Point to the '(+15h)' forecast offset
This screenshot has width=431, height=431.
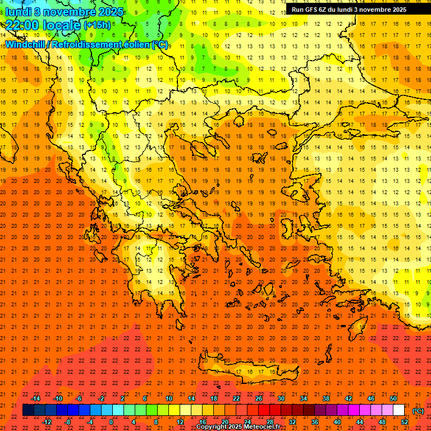tap(97, 25)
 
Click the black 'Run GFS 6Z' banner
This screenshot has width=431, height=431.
tap(349, 9)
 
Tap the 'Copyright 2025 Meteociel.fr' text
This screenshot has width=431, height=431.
tap(238, 427)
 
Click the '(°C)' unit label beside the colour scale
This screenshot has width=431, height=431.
tap(418, 411)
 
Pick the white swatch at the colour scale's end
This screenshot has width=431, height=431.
tap(398, 410)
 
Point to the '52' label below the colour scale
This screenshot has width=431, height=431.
tap(405, 422)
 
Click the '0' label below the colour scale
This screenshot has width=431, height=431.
tap(111, 422)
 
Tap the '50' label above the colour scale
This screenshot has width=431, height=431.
tap(393, 398)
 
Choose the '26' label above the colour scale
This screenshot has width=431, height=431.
tap(259, 398)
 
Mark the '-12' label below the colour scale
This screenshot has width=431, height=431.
tap(47, 422)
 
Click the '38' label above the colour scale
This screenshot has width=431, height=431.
tap(326, 398)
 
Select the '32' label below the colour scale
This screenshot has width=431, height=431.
tap(292, 422)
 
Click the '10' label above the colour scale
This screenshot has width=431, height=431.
tap(169, 398)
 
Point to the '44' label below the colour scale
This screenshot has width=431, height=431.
tap(360, 422)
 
